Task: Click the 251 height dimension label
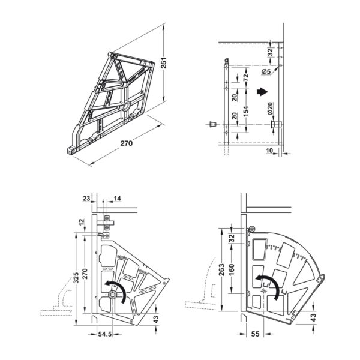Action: coord(163,62)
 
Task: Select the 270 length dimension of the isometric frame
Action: coord(127,143)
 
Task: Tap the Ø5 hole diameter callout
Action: coord(266,71)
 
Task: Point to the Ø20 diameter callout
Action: coord(270,109)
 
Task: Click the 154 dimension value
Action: coord(245,111)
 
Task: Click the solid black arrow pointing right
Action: coord(262,92)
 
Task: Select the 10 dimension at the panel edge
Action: coord(269,151)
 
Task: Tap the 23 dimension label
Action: coord(86,198)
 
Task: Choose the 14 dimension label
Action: coord(117,198)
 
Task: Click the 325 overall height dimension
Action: coord(76,278)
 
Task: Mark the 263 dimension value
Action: coord(221,270)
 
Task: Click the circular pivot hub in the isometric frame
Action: coord(126,106)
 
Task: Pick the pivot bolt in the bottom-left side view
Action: coord(113,295)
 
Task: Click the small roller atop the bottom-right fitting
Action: coord(253,229)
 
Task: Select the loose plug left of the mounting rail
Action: coord(212,124)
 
